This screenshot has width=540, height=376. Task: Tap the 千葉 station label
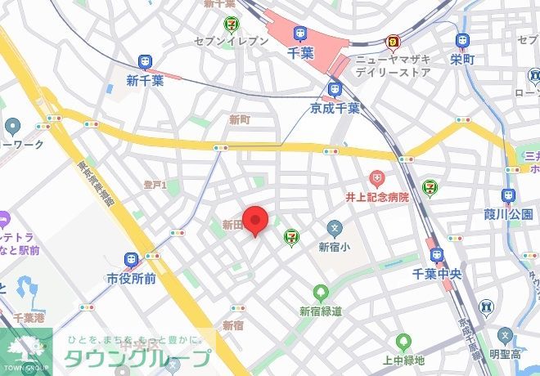[302, 51]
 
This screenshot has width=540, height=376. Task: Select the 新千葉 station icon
[146, 62]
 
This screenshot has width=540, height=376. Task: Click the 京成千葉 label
[335, 107]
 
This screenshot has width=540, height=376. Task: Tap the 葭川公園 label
[508, 214]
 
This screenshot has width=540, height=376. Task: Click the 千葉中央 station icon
[436, 256]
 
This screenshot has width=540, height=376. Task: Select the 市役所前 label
[131, 279]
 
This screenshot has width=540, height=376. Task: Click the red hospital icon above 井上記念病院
[376, 177]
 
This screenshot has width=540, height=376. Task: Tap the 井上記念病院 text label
[376, 196]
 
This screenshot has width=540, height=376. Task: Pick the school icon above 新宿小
[334, 228]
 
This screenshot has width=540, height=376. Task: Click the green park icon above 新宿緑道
[320, 292]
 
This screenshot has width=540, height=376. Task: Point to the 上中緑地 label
[403, 360]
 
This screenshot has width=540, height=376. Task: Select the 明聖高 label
[506, 354]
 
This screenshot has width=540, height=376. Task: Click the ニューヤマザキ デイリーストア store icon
[394, 41]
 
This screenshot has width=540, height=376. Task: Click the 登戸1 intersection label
[155, 186]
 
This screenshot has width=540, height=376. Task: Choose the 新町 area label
[240, 119]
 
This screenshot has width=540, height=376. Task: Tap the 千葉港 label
[29, 317]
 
